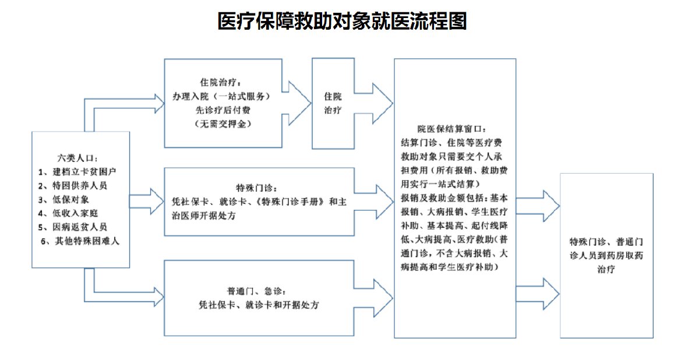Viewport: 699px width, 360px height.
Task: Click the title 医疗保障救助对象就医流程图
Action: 343,22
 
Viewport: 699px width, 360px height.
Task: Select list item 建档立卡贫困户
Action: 80,172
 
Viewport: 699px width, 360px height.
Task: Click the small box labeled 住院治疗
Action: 333,103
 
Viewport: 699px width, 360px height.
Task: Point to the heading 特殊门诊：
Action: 260,188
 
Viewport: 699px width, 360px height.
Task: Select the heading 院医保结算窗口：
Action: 456,129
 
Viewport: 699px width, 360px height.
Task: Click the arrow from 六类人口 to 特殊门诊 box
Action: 148,200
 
